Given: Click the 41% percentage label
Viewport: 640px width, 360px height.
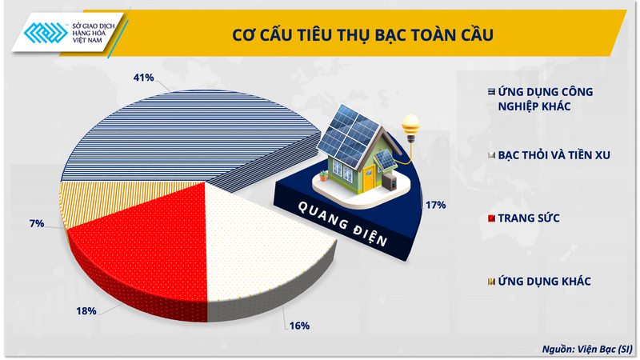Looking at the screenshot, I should (143, 78).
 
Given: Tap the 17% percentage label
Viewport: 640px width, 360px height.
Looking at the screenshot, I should (435, 205).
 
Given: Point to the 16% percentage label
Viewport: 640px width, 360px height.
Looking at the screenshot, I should (299, 326).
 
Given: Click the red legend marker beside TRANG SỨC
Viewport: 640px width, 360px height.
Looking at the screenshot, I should (490, 218).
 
